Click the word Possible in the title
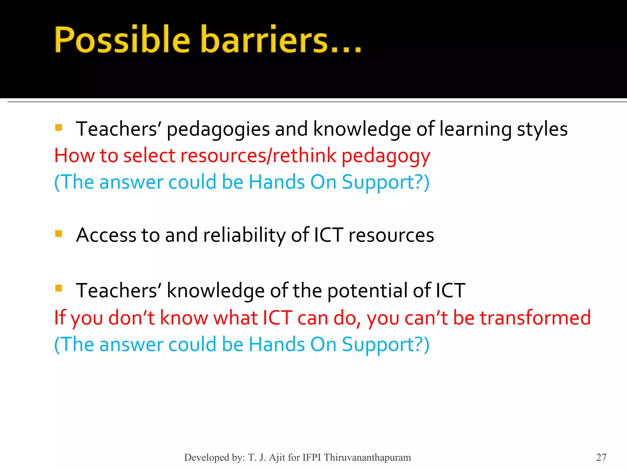(122, 40)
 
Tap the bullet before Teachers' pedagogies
(58, 127)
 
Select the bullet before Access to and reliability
(58, 234)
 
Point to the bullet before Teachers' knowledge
(58, 288)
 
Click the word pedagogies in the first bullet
(218, 129)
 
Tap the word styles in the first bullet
(542, 129)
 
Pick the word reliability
(244, 236)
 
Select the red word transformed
(535, 318)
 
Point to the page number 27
(601, 457)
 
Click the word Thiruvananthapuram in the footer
(367, 457)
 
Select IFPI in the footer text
(312, 457)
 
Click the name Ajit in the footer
(277, 457)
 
